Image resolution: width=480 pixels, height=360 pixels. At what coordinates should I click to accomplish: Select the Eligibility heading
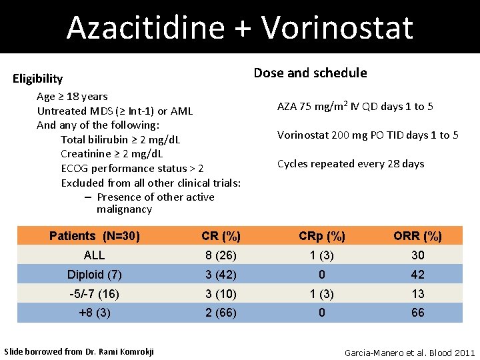(38, 79)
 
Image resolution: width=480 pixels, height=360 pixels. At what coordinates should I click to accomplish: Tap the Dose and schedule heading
(310, 73)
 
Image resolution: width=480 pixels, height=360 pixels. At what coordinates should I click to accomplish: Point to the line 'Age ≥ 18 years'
(72, 97)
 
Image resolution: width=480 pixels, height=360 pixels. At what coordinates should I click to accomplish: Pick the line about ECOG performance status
(132, 168)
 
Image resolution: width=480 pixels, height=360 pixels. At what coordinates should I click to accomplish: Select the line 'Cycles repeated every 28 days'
(351, 163)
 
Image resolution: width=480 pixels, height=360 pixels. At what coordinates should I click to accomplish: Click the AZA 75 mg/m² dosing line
(355, 106)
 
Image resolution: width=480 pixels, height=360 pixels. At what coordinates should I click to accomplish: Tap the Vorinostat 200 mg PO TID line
(367, 135)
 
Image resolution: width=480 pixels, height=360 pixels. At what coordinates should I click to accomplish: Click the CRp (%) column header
(322, 236)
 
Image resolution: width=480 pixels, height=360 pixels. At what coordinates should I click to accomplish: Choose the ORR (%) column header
(417, 236)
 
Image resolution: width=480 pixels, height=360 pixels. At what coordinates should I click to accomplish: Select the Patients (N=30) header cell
(95, 236)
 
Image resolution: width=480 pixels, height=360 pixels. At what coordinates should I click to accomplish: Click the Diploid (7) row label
(95, 275)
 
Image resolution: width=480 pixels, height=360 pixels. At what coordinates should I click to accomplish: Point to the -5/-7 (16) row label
(95, 294)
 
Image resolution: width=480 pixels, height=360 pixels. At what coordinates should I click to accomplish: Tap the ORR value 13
(417, 294)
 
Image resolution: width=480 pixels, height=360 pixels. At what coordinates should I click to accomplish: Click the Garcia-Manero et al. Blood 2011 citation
(409, 352)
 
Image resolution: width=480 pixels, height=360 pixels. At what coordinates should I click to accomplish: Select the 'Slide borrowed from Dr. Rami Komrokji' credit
(79, 351)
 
